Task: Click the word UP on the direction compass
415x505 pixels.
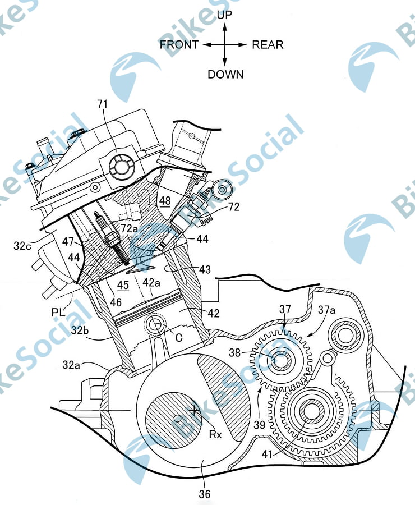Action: tap(225, 15)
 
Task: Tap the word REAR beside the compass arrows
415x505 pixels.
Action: tap(268, 44)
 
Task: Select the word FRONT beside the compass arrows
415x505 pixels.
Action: tap(179, 44)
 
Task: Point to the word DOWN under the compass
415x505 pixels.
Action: tap(225, 75)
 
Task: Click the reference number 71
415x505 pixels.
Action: tap(103, 104)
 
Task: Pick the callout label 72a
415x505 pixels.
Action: tap(130, 228)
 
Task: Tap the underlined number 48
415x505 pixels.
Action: tap(165, 201)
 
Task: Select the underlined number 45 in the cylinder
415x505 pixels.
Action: tap(123, 285)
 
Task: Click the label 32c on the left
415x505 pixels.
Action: tap(22, 246)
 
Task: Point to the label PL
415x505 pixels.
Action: tap(58, 312)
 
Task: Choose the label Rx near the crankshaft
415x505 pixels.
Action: tap(215, 434)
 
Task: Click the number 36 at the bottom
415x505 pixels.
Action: tap(205, 494)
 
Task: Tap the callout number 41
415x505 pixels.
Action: tap(268, 454)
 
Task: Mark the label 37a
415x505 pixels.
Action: tap(326, 310)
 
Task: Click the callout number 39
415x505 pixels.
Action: tap(260, 425)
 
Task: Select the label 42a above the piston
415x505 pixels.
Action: tap(151, 283)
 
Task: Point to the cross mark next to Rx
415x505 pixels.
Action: tap(195, 410)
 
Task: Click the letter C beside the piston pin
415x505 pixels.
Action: tap(179, 337)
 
